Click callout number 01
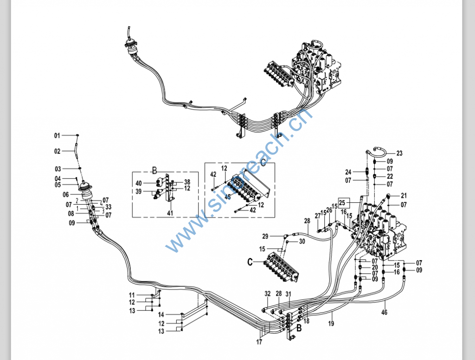[x=57, y=135]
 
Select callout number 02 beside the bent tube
[x=57, y=151]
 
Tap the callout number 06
[x=65, y=194]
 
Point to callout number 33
[x=109, y=207]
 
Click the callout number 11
[x=132, y=295]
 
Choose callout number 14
[x=161, y=315]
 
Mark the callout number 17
[x=259, y=342]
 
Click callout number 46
[x=384, y=313]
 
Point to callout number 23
[x=399, y=154]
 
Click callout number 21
[x=404, y=196]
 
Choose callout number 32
[x=268, y=294]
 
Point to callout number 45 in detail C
[x=228, y=197]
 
